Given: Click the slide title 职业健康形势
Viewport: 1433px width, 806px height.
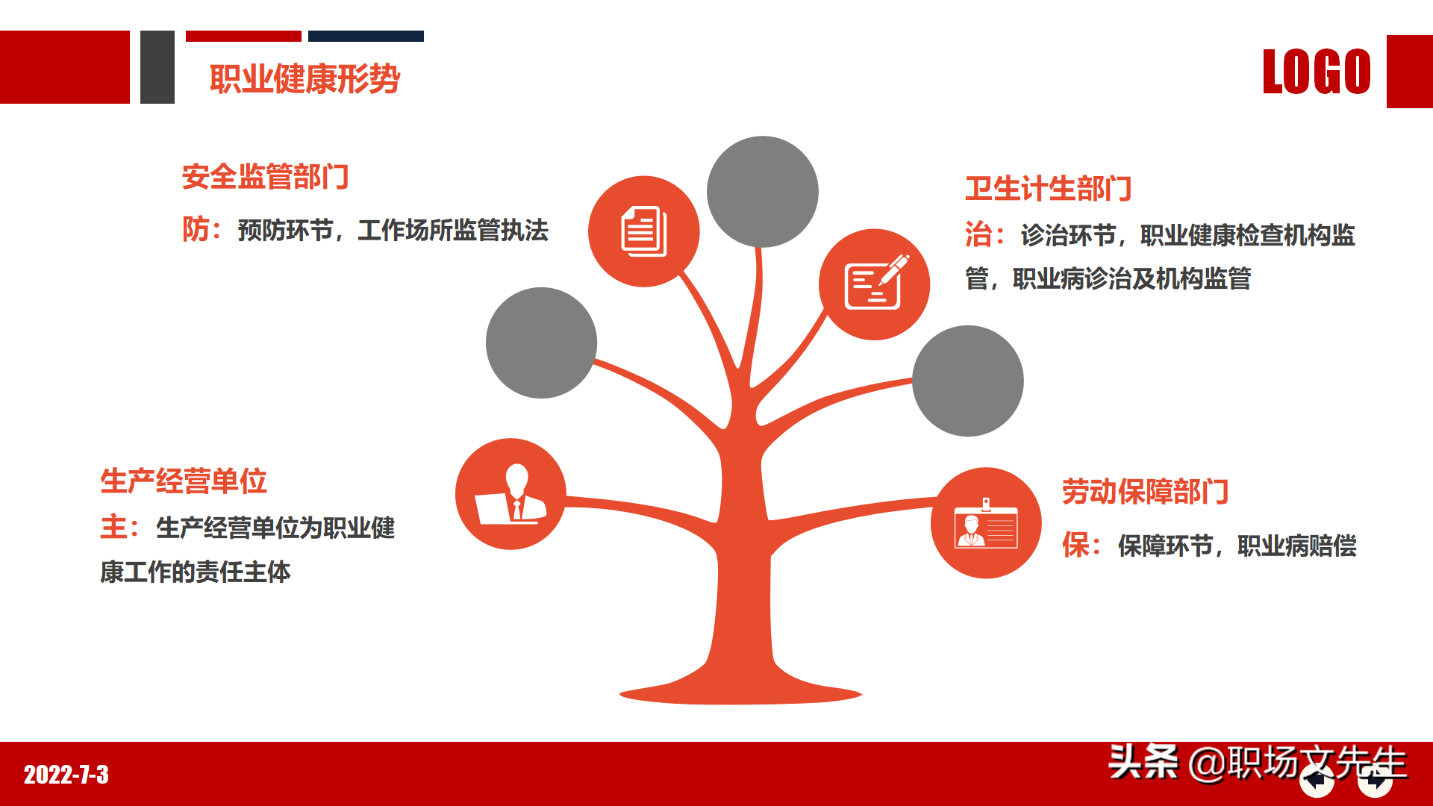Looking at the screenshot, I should click(x=305, y=79).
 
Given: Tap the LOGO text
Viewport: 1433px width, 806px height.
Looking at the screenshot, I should click(x=1317, y=72).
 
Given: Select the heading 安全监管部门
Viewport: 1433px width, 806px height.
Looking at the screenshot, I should click(x=265, y=177).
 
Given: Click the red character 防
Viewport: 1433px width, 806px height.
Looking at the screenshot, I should click(x=196, y=230).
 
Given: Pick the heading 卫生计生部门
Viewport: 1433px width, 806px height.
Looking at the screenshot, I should click(x=1048, y=189).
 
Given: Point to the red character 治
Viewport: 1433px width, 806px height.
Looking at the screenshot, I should click(x=978, y=235).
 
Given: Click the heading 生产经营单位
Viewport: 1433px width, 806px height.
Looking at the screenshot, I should click(x=184, y=481).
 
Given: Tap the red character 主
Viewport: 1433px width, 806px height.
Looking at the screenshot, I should click(x=113, y=528).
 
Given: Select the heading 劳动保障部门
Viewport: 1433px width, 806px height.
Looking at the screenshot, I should click(x=1145, y=492).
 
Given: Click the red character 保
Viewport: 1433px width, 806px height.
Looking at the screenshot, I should click(x=1075, y=546).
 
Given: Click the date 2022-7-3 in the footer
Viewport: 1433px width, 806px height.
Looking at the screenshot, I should click(x=66, y=775).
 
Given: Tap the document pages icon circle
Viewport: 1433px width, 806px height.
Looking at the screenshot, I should click(x=643, y=231).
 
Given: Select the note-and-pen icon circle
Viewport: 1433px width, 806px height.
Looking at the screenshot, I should click(x=874, y=284).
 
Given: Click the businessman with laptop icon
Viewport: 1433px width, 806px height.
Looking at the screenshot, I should click(x=511, y=494).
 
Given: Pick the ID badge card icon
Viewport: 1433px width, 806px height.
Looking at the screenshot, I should click(x=986, y=524).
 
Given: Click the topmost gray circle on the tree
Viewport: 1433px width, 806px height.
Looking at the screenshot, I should click(x=762, y=192).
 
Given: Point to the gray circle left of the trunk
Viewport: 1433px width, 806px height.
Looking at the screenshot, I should click(x=541, y=343).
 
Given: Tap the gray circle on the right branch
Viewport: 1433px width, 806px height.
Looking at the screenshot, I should click(x=967, y=381).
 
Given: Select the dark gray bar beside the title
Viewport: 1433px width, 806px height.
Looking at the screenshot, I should click(x=157, y=67).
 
